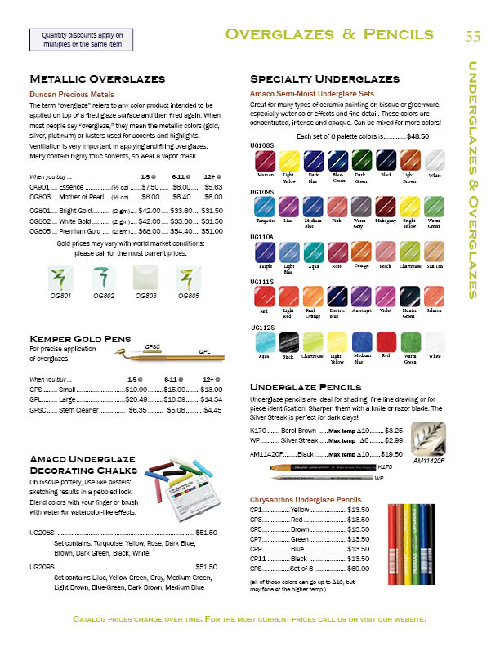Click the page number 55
point(473,35)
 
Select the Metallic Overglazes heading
point(97,79)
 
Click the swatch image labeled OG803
point(146,277)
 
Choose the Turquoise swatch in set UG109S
point(264,207)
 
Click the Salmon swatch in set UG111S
point(434,298)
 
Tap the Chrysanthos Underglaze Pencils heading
point(305,498)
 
